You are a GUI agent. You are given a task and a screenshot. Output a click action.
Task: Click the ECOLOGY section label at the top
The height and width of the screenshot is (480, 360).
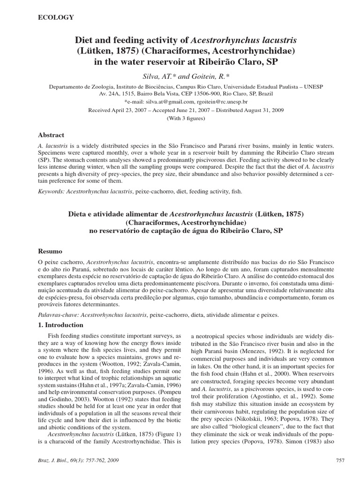coord(55,17)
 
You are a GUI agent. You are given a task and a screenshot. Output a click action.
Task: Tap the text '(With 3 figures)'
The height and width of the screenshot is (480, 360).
coord(186,118)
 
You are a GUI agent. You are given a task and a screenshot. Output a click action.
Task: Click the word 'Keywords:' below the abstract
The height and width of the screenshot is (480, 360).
coord(51,192)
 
